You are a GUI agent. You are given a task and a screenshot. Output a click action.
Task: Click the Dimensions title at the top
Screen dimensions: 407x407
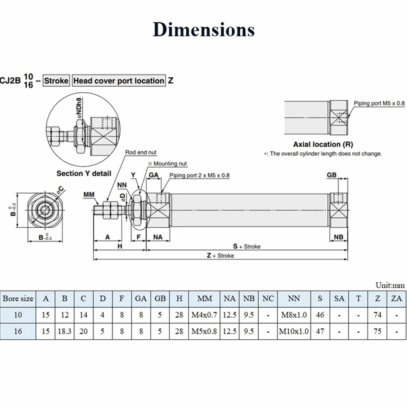204,29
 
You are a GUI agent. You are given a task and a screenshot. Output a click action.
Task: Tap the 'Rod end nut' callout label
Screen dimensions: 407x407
141,152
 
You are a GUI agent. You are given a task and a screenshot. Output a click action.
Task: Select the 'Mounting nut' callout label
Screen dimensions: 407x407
167,164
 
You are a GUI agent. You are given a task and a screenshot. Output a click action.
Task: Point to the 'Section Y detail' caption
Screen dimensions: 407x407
84,173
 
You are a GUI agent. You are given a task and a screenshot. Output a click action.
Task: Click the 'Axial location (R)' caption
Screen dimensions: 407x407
323,144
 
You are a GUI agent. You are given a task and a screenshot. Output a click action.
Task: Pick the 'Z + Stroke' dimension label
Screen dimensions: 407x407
220,255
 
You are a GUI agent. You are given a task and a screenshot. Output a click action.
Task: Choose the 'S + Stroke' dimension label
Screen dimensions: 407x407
247,246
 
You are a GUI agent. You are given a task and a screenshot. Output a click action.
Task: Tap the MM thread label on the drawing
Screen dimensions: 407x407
89,194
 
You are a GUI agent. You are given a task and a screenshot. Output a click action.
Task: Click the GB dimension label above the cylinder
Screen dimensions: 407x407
331,175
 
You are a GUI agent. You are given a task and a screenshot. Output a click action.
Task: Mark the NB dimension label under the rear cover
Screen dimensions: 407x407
338,237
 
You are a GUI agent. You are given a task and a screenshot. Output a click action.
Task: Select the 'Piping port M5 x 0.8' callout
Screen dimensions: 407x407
379,103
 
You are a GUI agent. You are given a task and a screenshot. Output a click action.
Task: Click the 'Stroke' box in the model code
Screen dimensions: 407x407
56,80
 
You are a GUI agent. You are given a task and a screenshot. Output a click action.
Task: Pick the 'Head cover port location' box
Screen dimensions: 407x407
119,80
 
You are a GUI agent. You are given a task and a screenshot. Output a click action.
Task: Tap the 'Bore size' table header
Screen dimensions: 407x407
18,299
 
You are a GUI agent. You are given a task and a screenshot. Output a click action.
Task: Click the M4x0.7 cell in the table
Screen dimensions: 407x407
204,315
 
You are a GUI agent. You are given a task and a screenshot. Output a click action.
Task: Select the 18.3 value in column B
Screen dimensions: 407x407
65,331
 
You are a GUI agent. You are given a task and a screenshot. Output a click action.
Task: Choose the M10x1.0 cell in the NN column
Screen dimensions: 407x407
294,331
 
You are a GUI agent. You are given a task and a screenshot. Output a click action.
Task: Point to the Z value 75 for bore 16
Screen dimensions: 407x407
377,331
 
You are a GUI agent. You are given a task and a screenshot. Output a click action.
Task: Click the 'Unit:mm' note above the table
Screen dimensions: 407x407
390,285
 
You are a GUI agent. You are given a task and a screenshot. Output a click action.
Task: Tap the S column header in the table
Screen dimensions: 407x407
320,299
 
